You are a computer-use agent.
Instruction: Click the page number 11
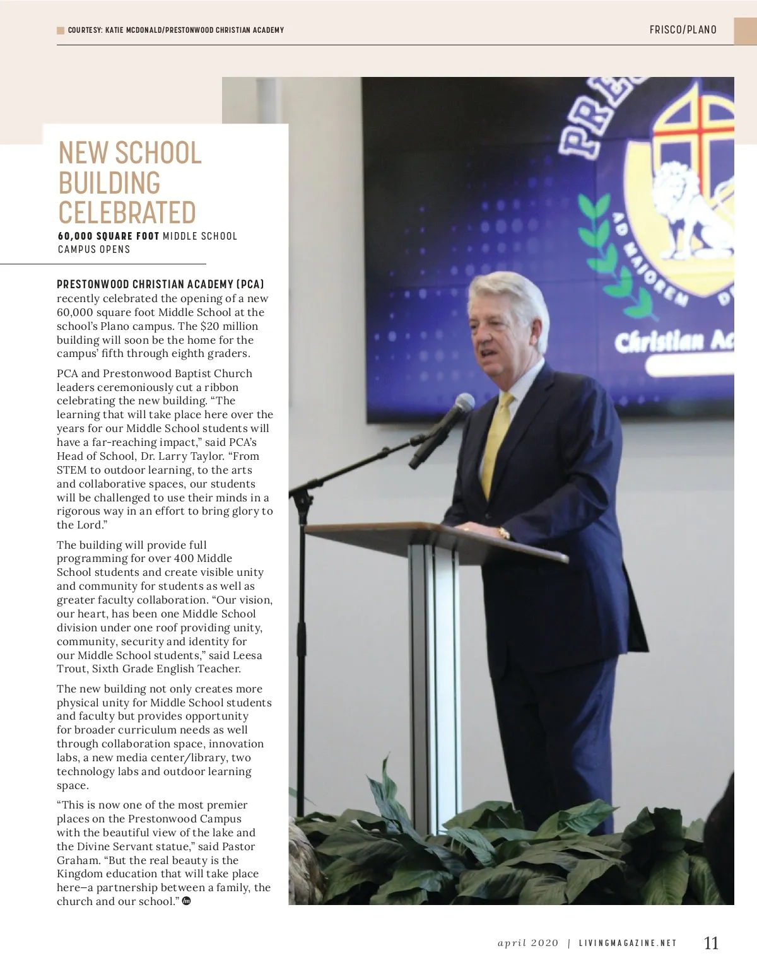click(711, 943)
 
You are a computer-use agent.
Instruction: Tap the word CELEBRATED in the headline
click(127, 213)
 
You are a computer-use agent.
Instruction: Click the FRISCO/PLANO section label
click(683, 30)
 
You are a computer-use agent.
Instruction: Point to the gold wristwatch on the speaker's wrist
click(503, 534)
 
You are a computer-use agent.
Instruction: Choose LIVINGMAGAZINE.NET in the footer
click(628, 944)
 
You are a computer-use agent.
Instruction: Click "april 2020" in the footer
click(528, 944)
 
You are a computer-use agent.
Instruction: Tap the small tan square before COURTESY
click(61, 30)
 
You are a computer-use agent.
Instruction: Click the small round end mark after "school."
click(186, 901)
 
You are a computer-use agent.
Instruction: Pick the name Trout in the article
click(72, 669)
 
